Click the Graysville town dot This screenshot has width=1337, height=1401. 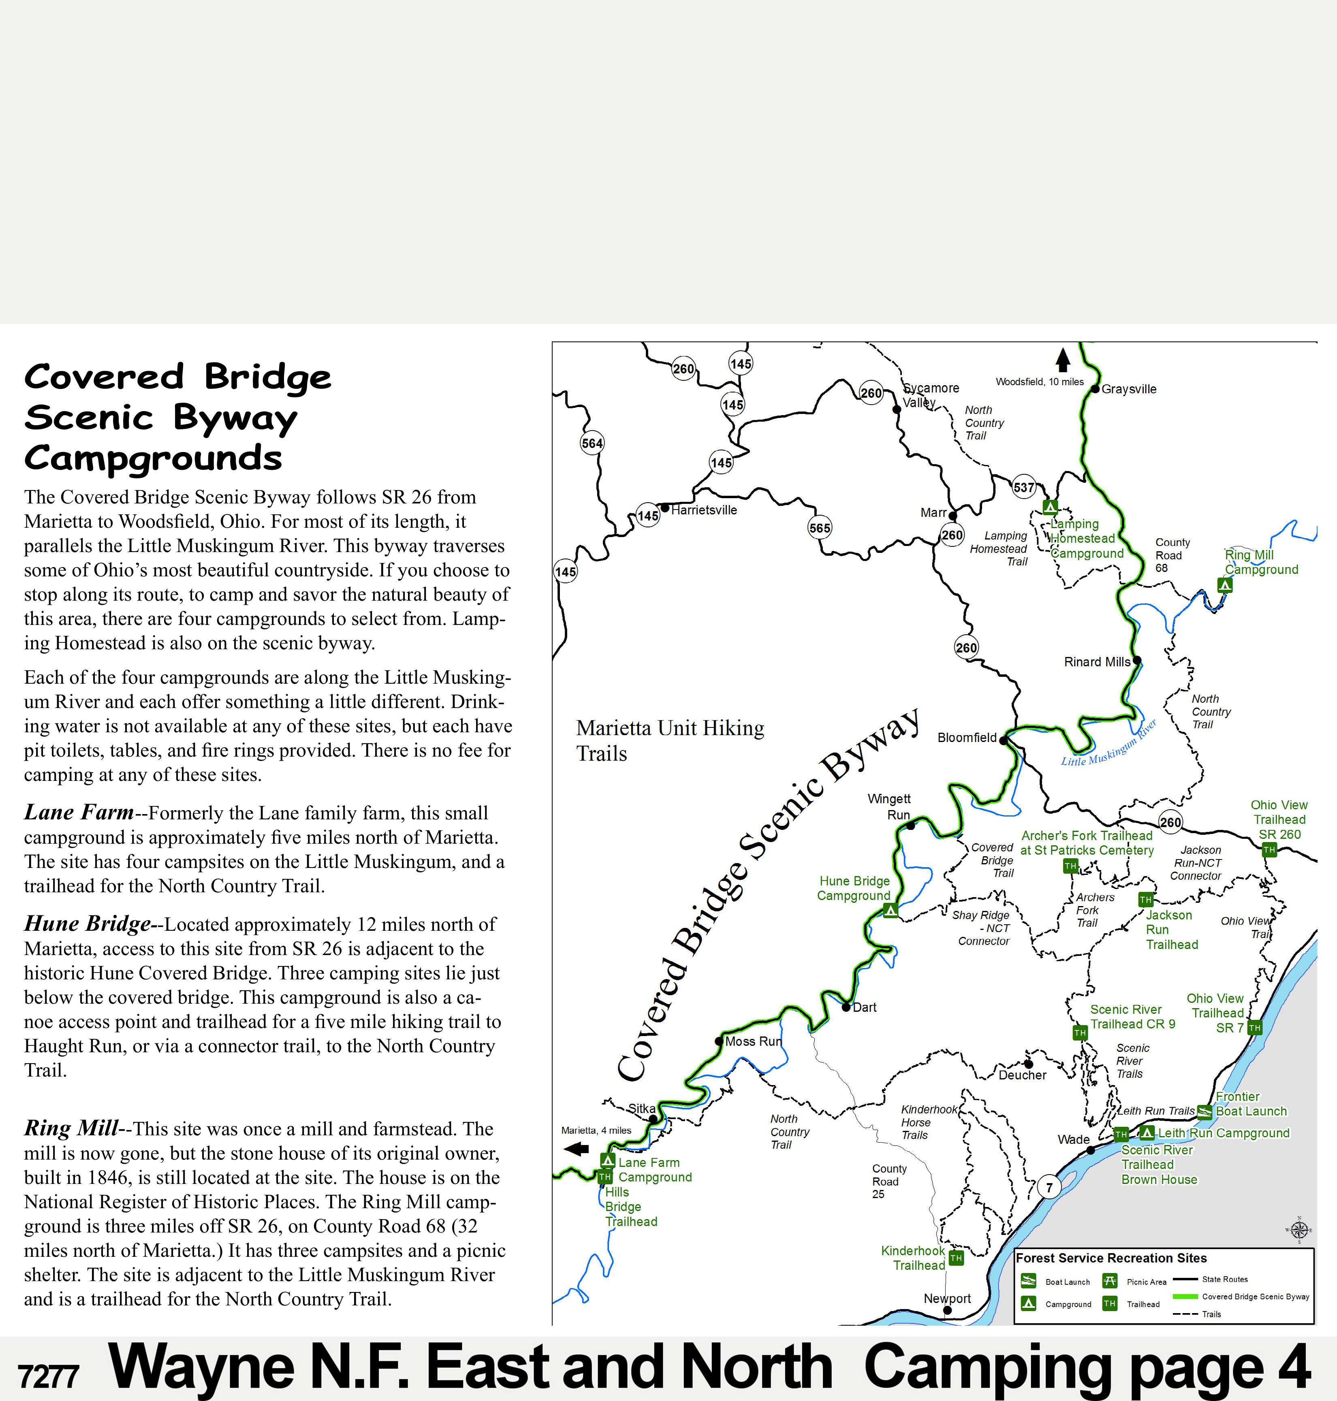click(1096, 388)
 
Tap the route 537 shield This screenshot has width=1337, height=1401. click(1023, 487)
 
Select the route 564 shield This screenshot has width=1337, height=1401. click(592, 443)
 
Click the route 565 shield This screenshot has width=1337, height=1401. click(820, 528)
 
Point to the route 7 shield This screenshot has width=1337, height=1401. click(1049, 1186)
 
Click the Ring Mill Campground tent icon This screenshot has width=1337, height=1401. click(1224, 585)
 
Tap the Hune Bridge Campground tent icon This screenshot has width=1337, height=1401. click(890, 910)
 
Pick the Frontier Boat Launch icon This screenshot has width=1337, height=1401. click(1204, 1112)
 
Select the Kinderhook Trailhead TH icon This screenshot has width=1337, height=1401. click(956, 1258)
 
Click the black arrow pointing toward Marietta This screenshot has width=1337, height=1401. click(576, 1148)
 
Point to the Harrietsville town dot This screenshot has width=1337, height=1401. click(665, 508)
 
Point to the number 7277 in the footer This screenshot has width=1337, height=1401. click(48, 1377)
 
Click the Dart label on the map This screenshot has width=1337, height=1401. click(865, 1007)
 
